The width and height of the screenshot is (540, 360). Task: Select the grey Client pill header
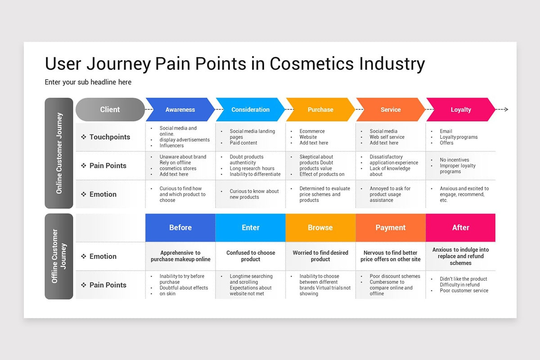tap(110, 109)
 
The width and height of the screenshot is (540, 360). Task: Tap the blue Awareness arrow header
tap(180, 109)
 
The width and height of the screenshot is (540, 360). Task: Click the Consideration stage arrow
tap(250, 109)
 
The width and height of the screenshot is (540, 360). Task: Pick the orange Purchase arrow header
tap(320, 109)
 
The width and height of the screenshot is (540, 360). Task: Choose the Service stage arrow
tap(390, 109)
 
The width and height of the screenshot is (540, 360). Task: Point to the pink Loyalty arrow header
tap(460, 109)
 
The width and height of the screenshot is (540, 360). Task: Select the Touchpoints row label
tap(109, 137)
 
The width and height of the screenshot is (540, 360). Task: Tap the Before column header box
tap(180, 228)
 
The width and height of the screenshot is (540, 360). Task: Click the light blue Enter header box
tap(250, 228)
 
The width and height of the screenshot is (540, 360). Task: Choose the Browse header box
tap(320, 228)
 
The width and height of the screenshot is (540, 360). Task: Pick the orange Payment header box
tap(390, 228)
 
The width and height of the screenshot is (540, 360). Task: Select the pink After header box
tap(460, 228)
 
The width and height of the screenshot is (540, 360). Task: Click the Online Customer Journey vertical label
tap(59, 153)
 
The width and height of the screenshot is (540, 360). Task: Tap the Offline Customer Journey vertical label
tap(59, 256)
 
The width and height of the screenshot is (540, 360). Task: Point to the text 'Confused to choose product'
tap(250, 256)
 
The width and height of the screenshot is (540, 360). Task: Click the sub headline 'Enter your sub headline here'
tap(88, 82)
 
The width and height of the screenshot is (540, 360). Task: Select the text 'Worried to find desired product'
tap(320, 256)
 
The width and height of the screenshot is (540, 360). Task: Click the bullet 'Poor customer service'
tap(464, 291)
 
